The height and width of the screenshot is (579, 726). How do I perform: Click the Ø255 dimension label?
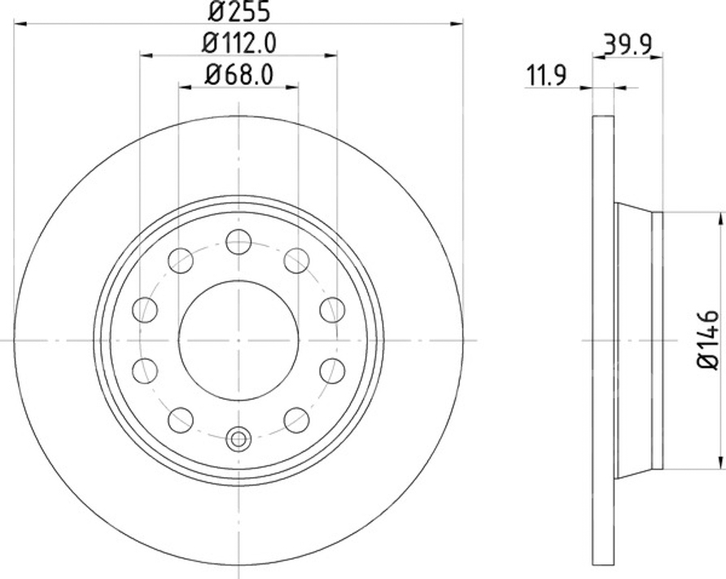pos(238,11)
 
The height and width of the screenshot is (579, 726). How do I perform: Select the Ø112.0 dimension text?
pos(239,43)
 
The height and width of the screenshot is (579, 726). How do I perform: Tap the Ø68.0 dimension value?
pos(239,75)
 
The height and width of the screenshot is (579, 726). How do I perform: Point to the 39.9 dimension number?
pos(628,45)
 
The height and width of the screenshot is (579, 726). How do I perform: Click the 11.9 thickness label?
pos(546,76)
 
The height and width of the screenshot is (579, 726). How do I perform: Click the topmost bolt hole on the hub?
pos(238,241)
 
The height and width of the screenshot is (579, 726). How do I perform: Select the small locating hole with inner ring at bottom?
pos(238,439)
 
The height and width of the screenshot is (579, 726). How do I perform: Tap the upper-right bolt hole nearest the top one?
pos(296,261)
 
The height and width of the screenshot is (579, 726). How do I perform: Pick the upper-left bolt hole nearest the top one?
pos(181,261)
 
